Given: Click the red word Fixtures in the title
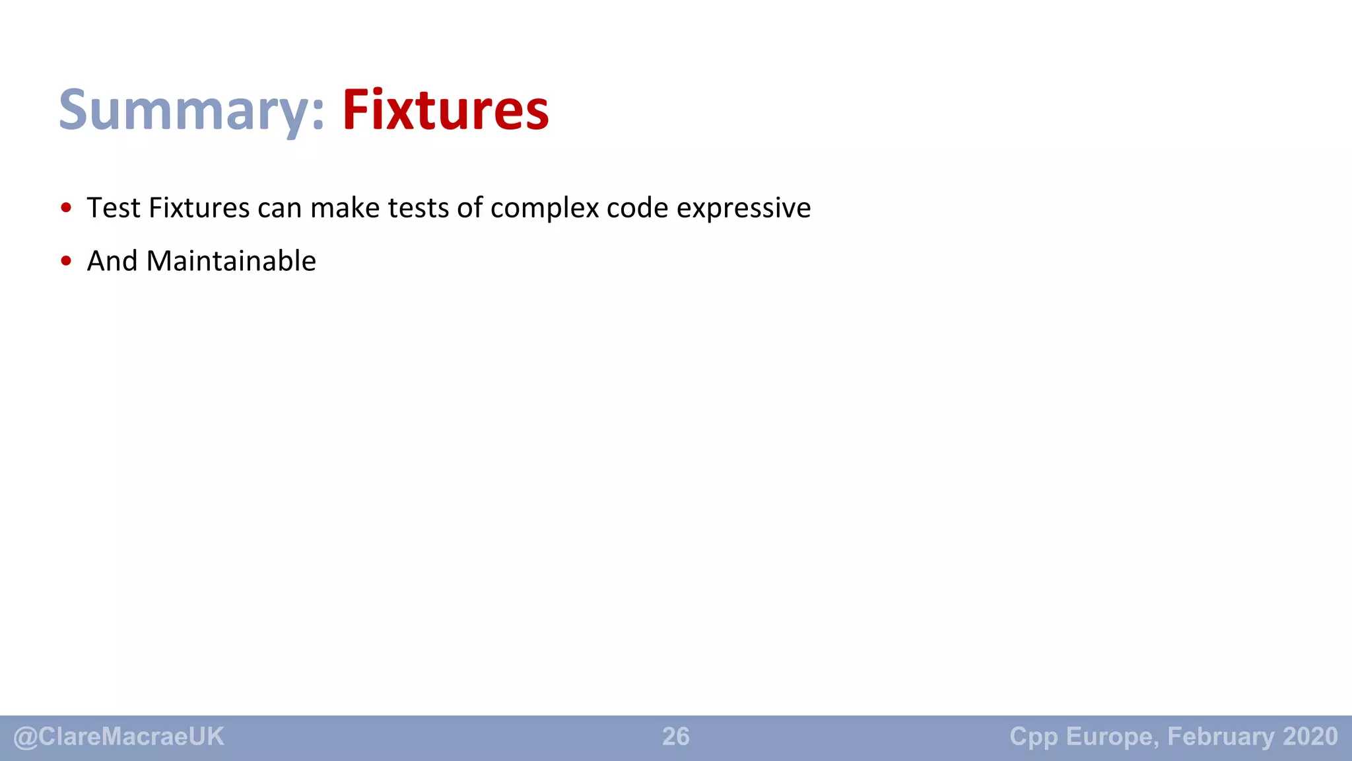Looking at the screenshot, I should coord(446,110).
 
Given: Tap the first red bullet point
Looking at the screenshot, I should coord(66,208).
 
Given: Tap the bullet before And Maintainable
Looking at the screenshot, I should coord(66,261).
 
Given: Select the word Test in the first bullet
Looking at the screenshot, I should coord(114,208).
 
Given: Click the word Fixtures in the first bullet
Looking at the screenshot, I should coord(199,208).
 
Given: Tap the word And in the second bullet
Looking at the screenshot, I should coord(112,261).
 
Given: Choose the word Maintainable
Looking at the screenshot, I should coord(231,261).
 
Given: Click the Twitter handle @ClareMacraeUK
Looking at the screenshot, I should coord(119,737).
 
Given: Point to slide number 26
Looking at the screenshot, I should coord(676,737).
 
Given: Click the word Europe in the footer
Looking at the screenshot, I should coord(1112,737).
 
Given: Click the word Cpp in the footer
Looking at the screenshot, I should coord(1034,737).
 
